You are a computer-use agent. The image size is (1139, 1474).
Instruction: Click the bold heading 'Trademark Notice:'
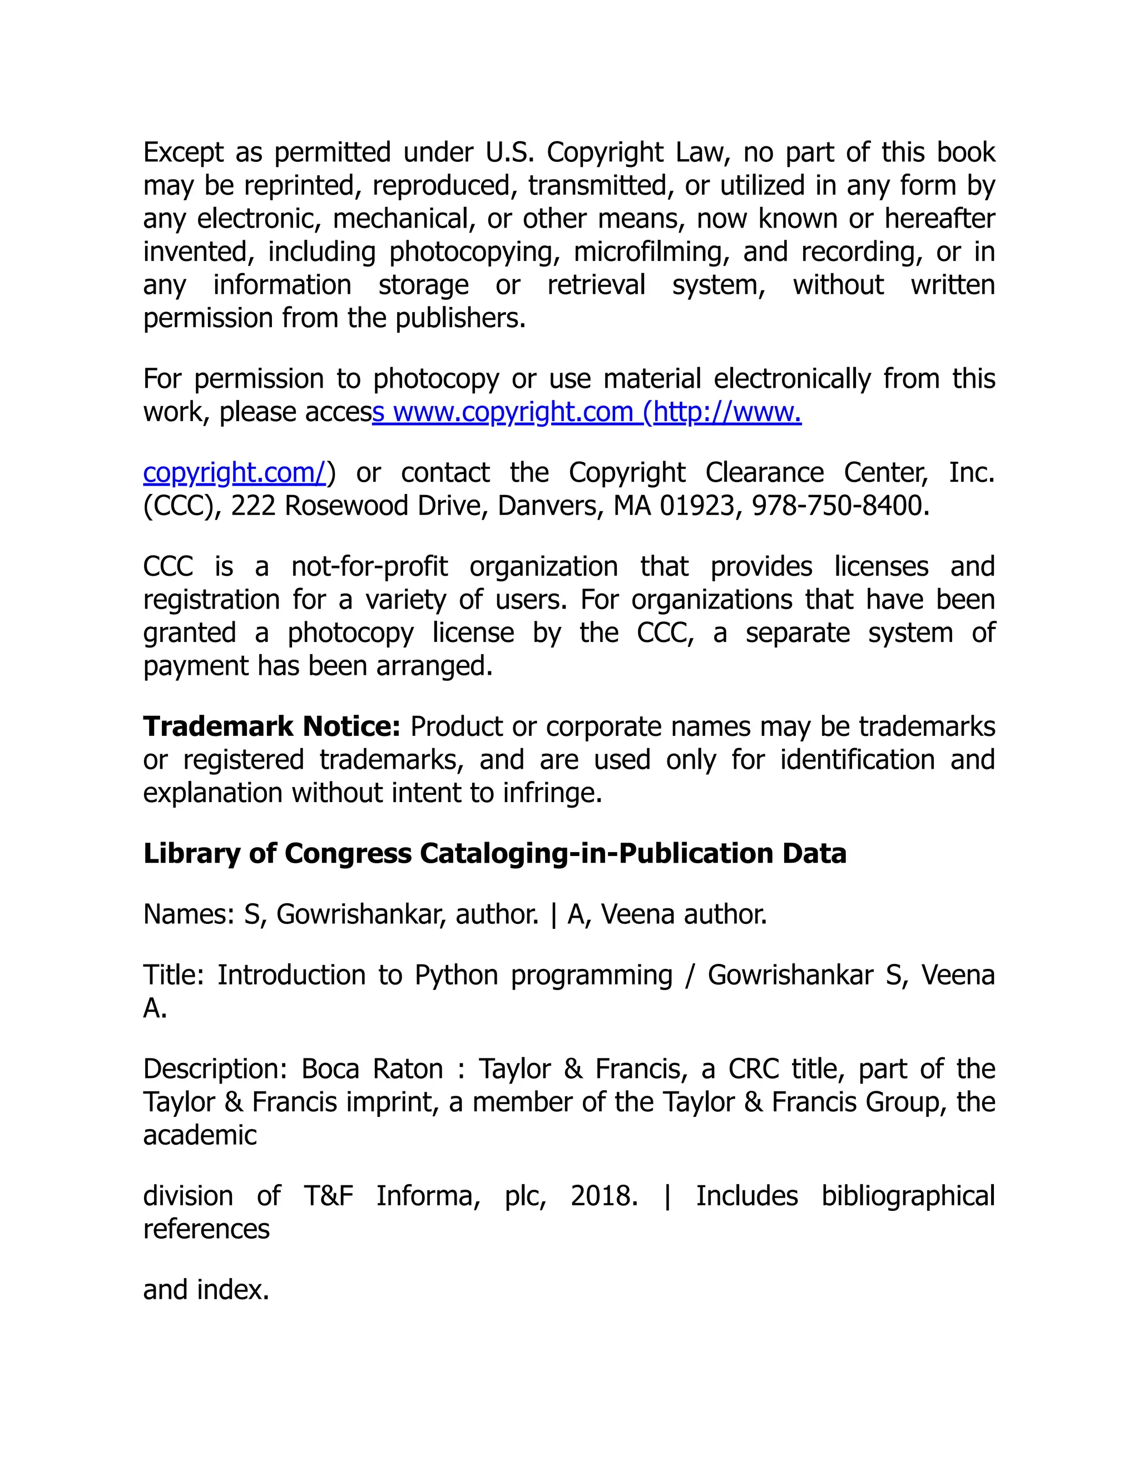[271, 727]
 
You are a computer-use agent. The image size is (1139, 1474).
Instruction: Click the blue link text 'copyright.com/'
[234, 472]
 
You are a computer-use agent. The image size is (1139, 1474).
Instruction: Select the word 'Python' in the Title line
[456, 975]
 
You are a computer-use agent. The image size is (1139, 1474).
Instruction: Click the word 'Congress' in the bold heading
[348, 854]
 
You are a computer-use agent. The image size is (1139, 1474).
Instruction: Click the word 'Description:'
[215, 1069]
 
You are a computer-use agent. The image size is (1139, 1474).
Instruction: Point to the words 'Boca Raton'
[372, 1069]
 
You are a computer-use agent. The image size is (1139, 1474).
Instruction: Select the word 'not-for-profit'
[369, 566]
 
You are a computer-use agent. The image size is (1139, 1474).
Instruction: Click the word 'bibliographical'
[908, 1196]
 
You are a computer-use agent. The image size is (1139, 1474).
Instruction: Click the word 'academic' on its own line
[200, 1135]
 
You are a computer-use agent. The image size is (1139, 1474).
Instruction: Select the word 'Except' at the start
[183, 152]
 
